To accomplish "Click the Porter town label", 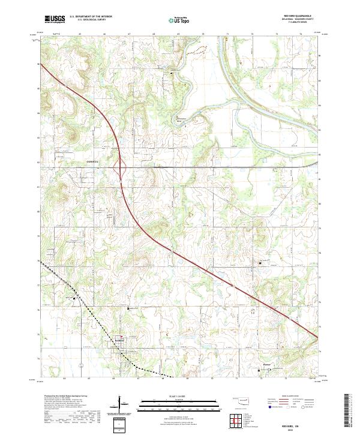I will pyautogui.click(x=267, y=364).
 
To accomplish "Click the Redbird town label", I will pyautogui.click(x=119, y=341).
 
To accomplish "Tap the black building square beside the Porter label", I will pyautogui.click(x=259, y=370).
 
